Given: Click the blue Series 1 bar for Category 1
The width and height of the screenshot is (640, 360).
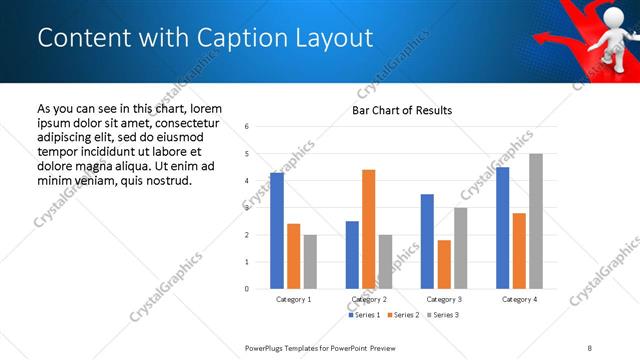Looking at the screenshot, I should tap(277, 230).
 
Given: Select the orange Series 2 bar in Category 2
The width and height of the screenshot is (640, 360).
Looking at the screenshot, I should tap(368, 229).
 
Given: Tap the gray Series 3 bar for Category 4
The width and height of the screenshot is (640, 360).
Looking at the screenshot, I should tap(536, 221).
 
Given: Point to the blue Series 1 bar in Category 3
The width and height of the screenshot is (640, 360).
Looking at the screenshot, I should tap(427, 241).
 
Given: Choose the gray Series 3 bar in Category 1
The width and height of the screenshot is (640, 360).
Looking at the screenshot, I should tap(310, 261).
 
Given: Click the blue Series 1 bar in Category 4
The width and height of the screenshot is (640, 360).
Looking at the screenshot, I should tap(502, 228).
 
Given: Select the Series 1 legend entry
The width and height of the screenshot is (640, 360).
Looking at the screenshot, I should tap(364, 315).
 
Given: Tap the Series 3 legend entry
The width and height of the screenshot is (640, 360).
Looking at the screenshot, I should tap(442, 315).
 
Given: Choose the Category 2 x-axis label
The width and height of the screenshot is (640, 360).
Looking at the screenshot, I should tap(369, 299).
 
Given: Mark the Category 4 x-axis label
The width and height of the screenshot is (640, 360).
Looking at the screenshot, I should tap(519, 299).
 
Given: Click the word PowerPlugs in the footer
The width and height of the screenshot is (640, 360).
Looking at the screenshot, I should tap(266, 347).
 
